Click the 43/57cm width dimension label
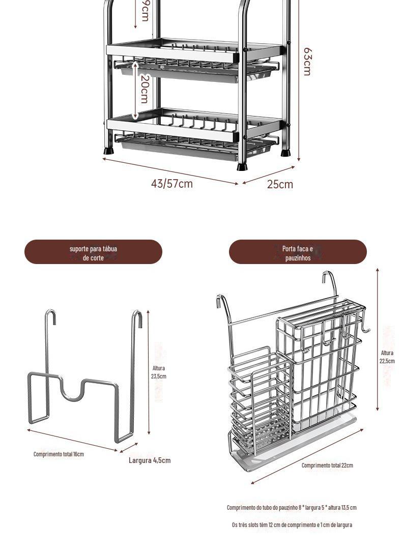[171, 184]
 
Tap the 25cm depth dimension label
[280, 184]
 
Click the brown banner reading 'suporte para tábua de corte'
[93, 253]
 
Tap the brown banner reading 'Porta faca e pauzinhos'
[298, 253]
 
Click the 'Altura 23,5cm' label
[159, 372]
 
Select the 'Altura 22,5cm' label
[387, 357]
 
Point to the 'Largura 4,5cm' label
[150, 460]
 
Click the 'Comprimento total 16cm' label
[59, 454]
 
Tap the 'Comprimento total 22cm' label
[327, 465]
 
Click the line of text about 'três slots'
[292, 525]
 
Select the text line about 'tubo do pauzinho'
[292, 507]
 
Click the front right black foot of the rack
[241, 166]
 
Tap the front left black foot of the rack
[109, 151]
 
